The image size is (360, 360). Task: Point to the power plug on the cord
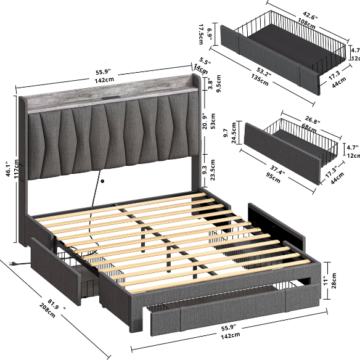pos(14,264)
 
